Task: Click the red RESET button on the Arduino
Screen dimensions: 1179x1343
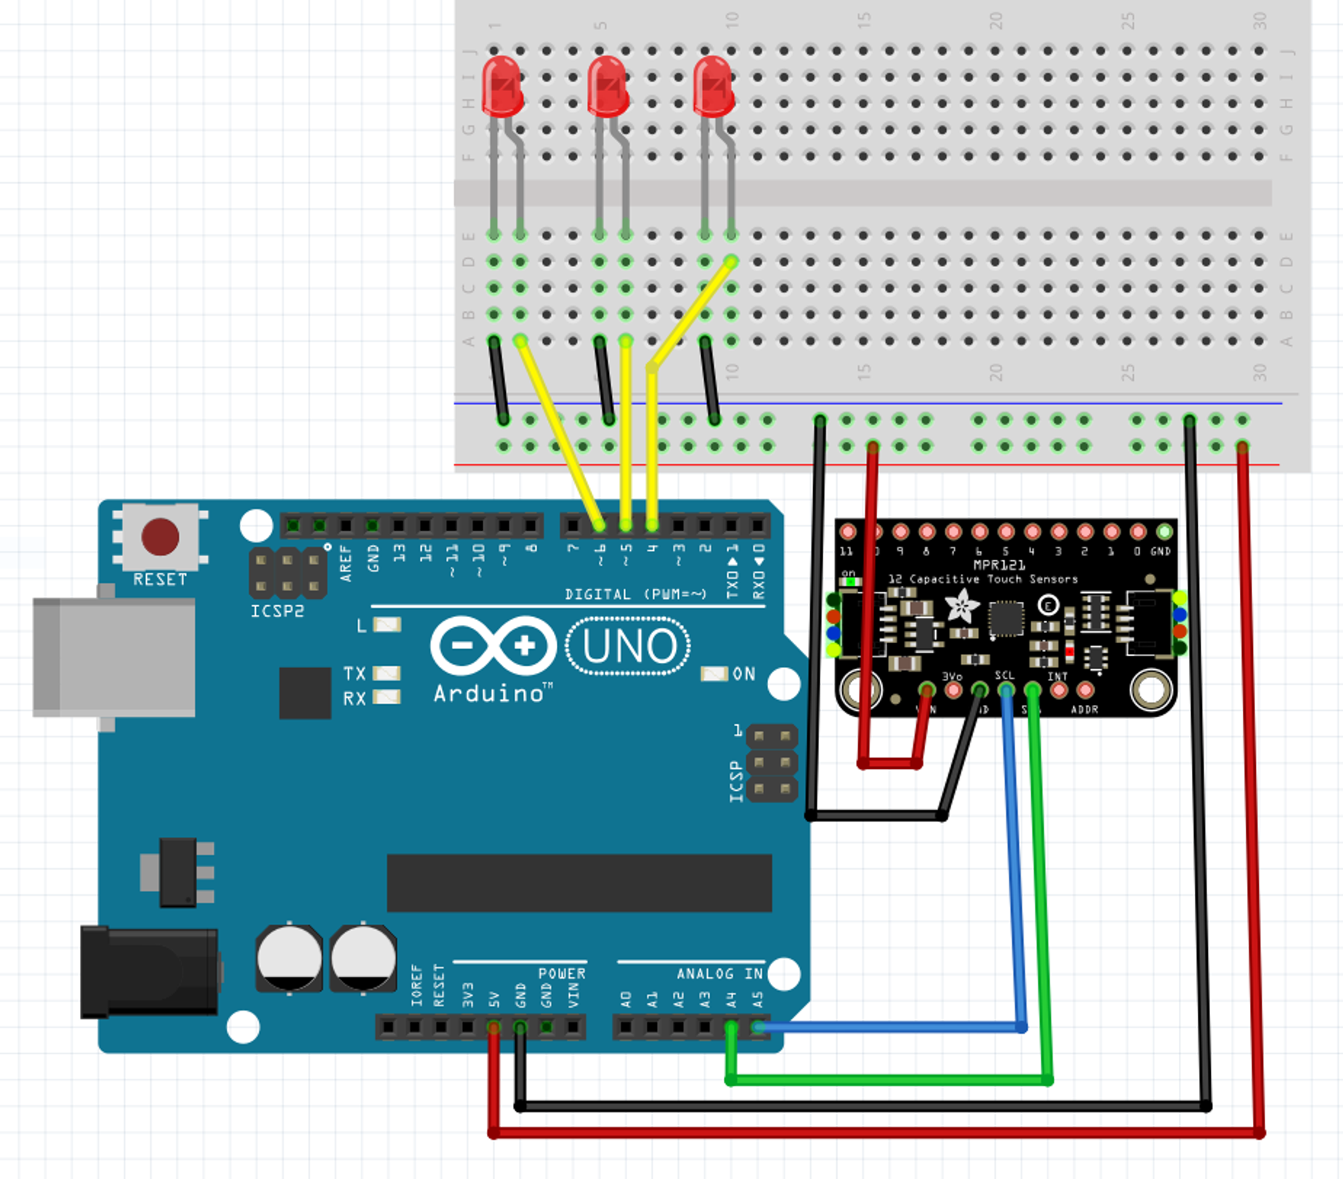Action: pyautogui.click(x=160, y=537)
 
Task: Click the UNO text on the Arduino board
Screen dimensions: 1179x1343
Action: pyautogui.click(x=629, y=646)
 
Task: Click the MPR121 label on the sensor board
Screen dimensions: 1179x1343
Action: pyautogui.click(x=999, y=565)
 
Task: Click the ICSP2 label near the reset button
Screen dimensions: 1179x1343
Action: pyautogui.click(x=277, y=611)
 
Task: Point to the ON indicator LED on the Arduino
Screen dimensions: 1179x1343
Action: pyautogui.click(x=714, y=674)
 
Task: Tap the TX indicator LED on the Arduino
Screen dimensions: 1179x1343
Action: pyautogui.click(x=386, y=674)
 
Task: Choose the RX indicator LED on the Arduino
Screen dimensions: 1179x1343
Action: pyautogui.click(x=386, y=698)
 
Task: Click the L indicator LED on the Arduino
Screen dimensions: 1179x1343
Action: pyautogui.click(x=387, y=625)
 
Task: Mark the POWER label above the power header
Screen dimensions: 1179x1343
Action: pyautogui.click(x=561, y=974)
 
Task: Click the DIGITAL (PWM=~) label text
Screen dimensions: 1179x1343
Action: pyautogui.click(x=635, y=595)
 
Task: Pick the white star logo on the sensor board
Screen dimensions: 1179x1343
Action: pyautogui.click(x=963, y=607)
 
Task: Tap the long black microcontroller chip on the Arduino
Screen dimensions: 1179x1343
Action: pyautogui.click(x=579, y=883)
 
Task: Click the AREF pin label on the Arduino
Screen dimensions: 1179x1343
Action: pyautogui.click(x=346, y=563)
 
